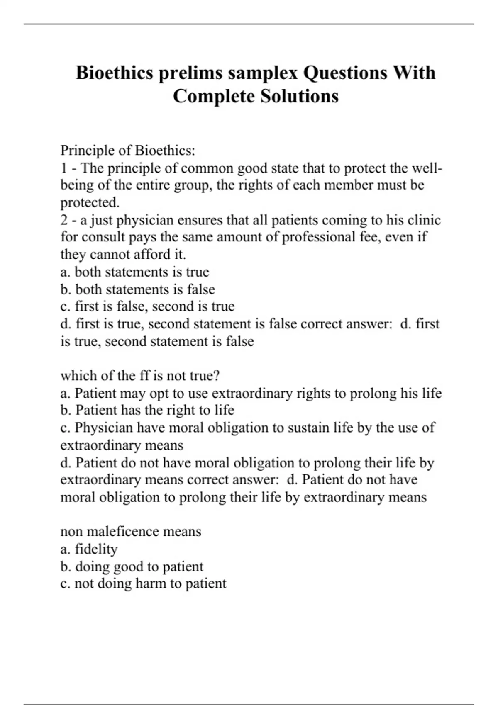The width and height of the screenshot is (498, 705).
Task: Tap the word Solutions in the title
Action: point(299,97)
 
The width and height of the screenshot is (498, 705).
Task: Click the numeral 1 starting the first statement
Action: point(64,168)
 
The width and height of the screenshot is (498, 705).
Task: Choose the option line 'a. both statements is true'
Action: point(134,272)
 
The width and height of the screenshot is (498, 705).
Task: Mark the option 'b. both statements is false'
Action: point(137,289)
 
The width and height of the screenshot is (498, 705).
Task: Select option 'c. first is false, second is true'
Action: point(147,306)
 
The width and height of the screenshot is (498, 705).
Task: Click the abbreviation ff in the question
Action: point(144,376)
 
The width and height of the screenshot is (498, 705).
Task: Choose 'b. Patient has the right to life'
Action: point(147,410)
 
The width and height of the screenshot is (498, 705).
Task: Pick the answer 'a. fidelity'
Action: point(89,549)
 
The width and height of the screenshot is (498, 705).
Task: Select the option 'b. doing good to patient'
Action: point(132,566)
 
